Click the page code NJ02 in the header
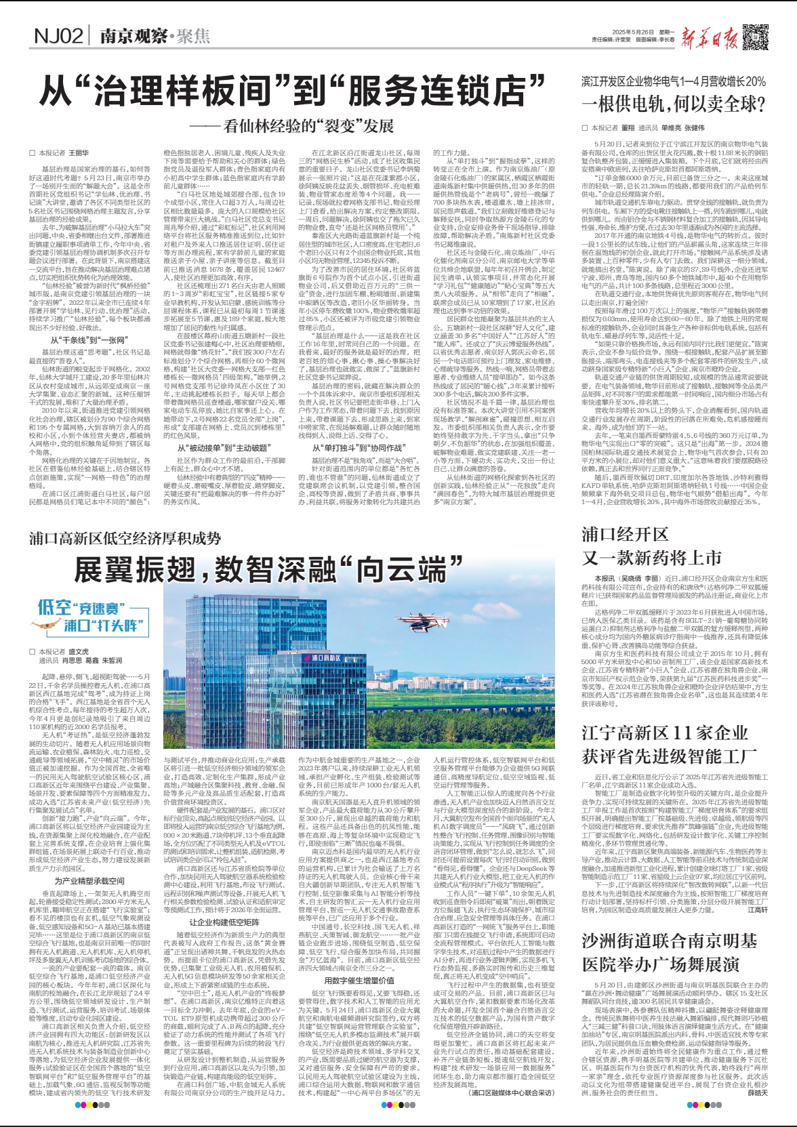coord(58,36)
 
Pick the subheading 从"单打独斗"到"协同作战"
coord(358,448)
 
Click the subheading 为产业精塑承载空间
coord(89,880)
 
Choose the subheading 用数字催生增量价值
coord(359,980)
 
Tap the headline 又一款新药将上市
coord(651,558)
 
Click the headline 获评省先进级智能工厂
coord(669,756)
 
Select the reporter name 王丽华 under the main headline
coord(79,154)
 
